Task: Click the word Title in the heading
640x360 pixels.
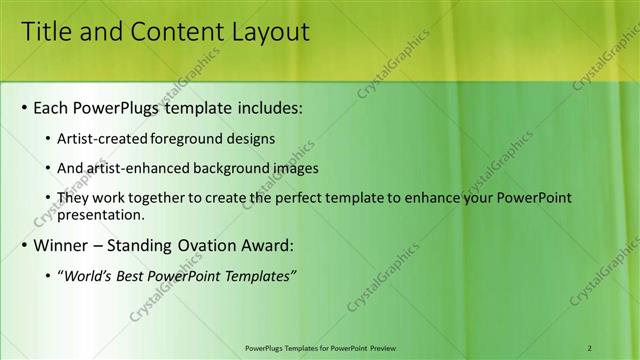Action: coord(46,32)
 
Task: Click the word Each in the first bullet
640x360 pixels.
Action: coord(52,107)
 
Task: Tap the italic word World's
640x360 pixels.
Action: coord(86,276)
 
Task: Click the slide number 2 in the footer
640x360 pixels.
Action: coord(590,347)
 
